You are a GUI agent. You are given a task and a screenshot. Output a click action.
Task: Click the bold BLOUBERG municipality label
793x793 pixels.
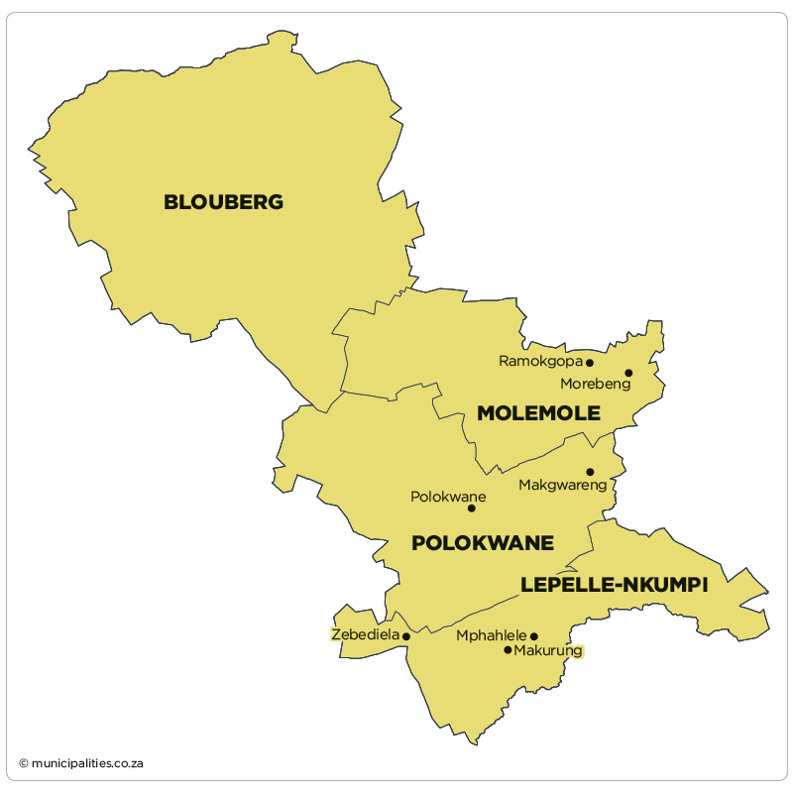[223, 202]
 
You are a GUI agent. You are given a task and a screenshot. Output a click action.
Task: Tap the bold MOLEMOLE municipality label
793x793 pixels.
[538, 413]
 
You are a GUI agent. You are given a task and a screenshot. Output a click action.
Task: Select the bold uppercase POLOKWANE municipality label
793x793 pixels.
[482, 543]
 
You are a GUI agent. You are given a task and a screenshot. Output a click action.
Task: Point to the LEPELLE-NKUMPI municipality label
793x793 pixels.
[614, 586]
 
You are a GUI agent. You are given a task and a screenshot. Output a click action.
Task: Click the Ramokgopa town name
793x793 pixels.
[540, 362]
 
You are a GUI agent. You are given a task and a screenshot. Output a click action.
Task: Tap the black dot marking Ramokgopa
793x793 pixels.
[590, 363]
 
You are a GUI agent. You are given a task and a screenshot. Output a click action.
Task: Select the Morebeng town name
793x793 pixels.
[595, 385]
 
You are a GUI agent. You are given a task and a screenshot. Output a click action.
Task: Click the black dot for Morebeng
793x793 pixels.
[628, 373]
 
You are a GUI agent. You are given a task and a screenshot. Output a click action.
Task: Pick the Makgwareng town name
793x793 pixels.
[562, 486]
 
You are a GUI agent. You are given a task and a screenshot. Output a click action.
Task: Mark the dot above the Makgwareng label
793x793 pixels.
[590, 472]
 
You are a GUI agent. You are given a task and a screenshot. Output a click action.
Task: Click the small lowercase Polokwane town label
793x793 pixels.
[448, 497]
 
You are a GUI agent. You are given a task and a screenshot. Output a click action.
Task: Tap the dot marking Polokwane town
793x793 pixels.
[471, 509]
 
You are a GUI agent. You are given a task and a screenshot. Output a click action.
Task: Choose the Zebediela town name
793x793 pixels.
[365, 634]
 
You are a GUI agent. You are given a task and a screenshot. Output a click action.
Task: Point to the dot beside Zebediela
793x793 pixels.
[406, 636]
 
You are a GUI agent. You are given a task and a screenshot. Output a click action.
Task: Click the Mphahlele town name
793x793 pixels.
[491, 636]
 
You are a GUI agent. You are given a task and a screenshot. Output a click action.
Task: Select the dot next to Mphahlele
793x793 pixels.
[533, 636]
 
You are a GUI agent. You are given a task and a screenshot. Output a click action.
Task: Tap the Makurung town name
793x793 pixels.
[549, 651]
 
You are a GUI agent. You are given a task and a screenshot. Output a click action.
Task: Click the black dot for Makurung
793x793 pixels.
[508, 650]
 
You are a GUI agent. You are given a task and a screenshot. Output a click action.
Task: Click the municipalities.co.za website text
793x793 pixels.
[87, 763]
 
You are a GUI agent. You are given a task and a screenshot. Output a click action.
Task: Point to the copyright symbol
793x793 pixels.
[23, 763]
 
